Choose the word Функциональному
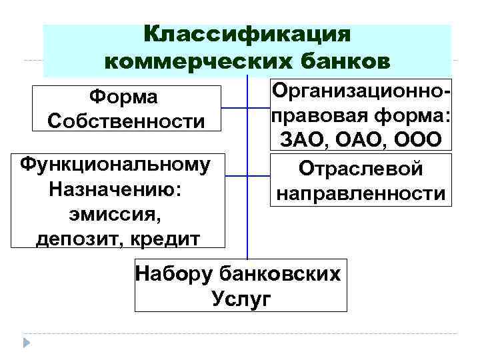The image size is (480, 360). point(115,164)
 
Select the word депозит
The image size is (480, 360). point(74,238)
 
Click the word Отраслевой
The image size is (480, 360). point(361,169)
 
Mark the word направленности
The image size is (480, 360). point(361,194)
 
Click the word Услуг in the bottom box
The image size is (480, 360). point(241,299)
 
